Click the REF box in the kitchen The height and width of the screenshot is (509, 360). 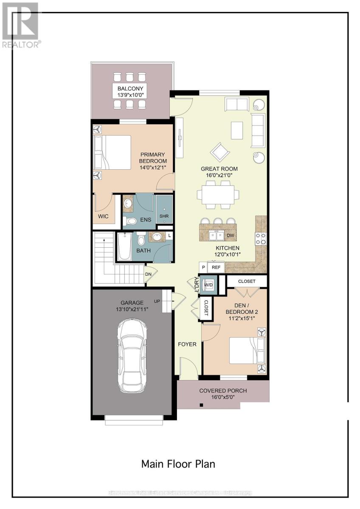coord(216,268)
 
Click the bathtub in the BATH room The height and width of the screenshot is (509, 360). coord(125,246)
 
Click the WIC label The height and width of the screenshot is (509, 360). coord(103,216)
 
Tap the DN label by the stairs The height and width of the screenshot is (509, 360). coord(149,274)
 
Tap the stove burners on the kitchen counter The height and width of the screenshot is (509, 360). coord(260,239)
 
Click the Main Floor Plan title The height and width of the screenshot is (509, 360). coord(178,464)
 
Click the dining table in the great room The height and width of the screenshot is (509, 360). coord(217,194)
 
